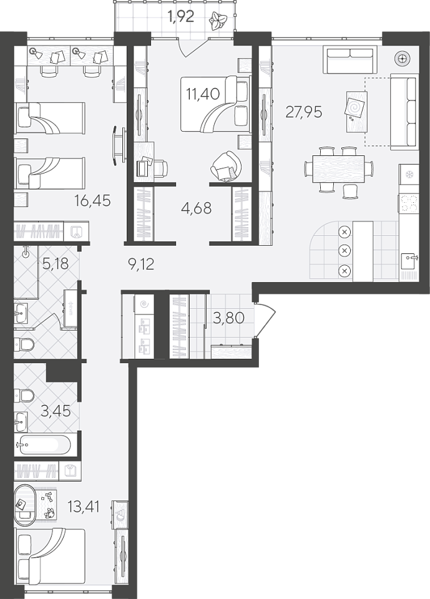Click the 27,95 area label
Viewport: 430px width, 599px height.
click(x=304, y=112)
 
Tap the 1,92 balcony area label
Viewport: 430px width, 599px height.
click(x=182, y=17)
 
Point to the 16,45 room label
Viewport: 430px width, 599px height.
click(x=92, y=200)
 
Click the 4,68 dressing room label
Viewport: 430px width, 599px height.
click(x=197, y=208)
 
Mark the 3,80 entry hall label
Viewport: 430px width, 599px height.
click(x=228, y=318)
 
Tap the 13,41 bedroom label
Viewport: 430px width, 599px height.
click(x=84, y=507)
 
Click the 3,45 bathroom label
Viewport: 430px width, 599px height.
click(x=56, y=411)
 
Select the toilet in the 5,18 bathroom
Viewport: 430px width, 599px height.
click(x=24, y=345)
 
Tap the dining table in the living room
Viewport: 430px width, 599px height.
click(x=338, y=168)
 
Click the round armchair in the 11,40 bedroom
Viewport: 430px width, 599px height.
click(x=227, y=165)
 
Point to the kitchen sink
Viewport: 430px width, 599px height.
click(x=409, y=261)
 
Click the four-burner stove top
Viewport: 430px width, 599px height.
click(x=409, y=203)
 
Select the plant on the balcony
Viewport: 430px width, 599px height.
click(x=218, y=20)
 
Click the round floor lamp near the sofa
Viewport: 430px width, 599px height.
click(x=402, y=59)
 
